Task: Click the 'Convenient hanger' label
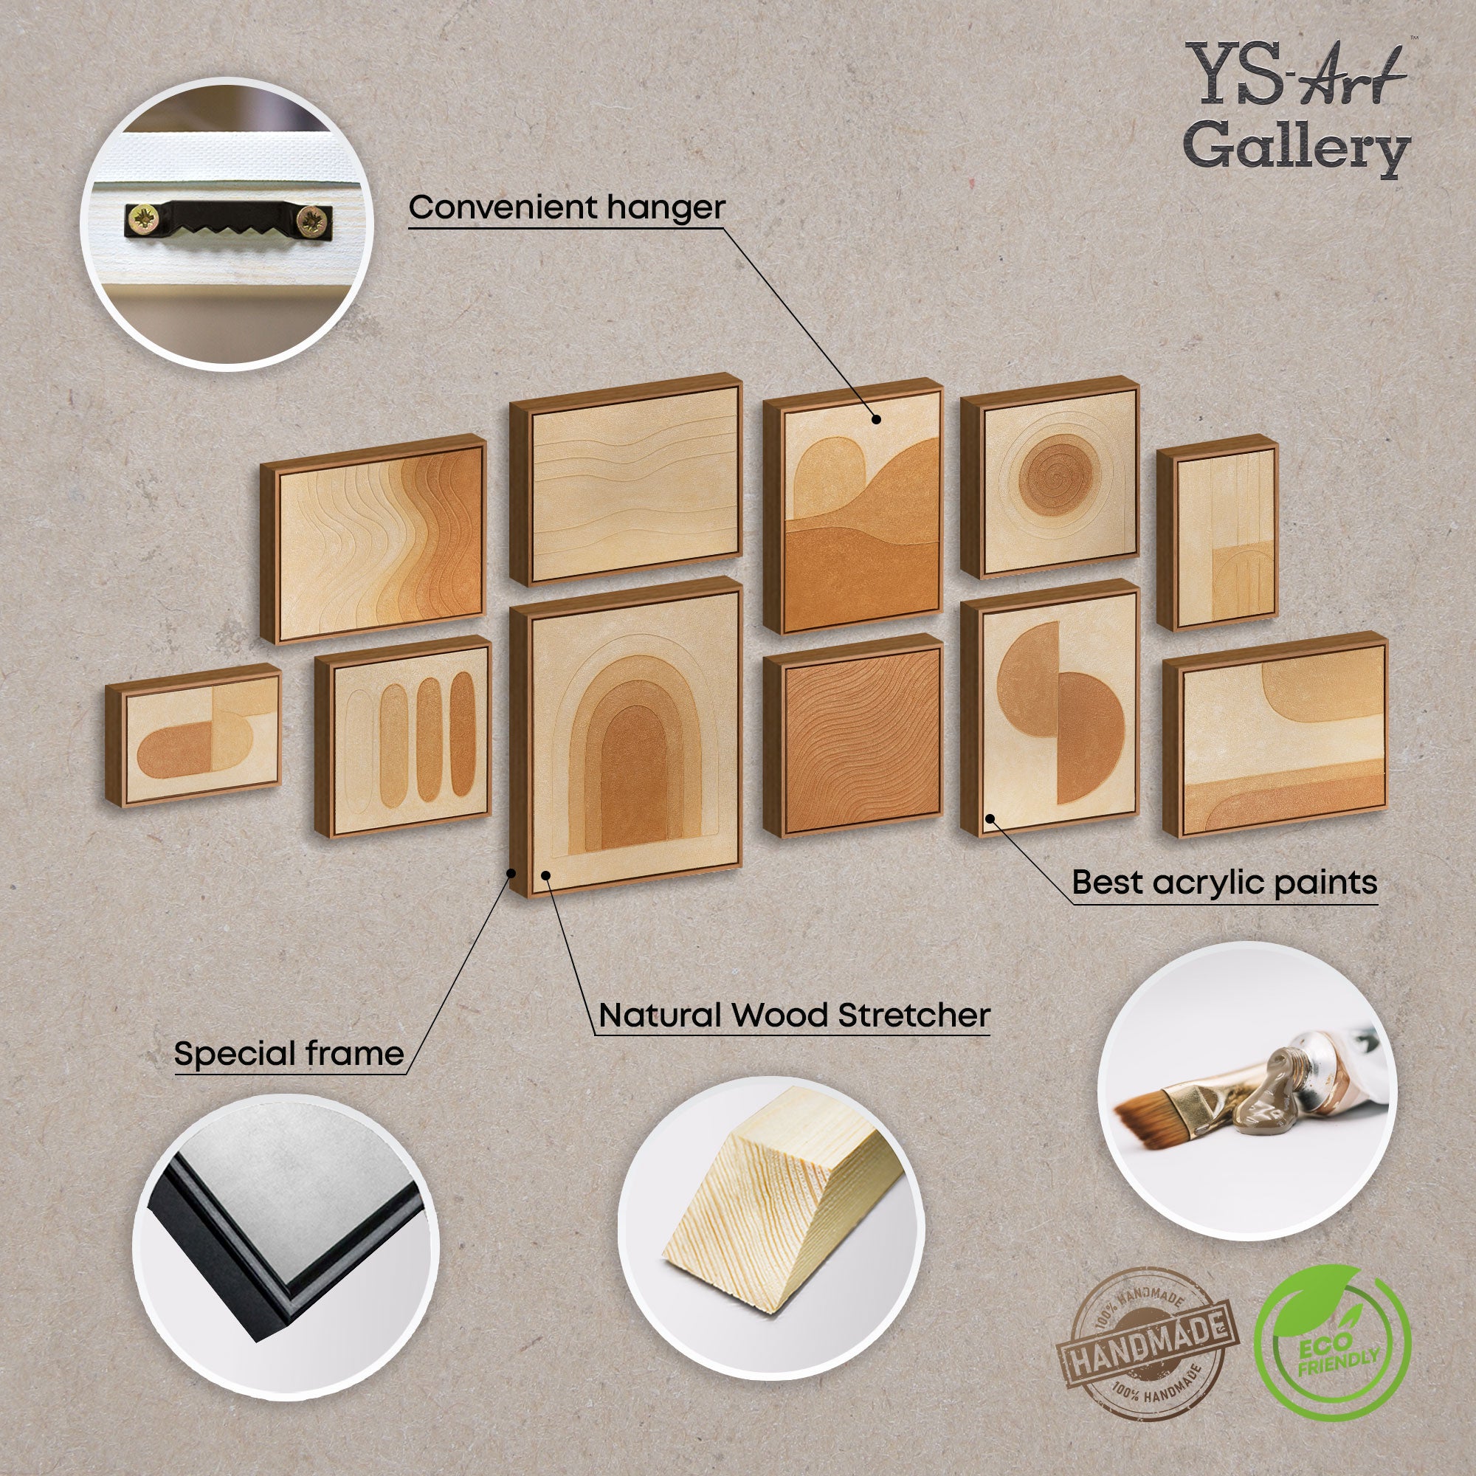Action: pos(566,208)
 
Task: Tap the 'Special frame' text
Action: pos(289,1055)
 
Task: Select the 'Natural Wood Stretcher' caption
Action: pos(794,1015)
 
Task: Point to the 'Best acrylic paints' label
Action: pos(1224,883)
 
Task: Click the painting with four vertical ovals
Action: pos(403,735)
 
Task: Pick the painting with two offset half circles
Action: pos(1050,708)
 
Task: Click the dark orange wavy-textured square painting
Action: pos(853,735)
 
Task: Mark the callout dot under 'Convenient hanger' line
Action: pos(876,418)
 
